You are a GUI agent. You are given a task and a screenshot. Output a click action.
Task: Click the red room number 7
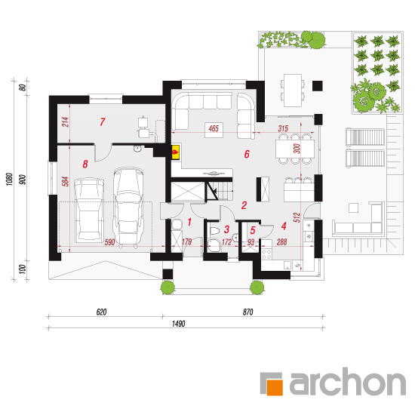[x=103, y=122]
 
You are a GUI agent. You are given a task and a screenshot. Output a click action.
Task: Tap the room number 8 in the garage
[x=85, y=164]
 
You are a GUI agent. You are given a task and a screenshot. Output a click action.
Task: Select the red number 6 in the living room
[x=247, y=154]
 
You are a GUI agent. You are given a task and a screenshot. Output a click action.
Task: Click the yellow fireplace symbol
[x=176, y=152]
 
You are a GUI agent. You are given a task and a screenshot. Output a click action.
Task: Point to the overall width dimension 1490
[x=178, y=324]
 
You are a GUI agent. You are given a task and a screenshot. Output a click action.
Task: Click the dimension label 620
[x=101, y=312]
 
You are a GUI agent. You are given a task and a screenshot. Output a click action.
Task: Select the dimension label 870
[x=248, y=312]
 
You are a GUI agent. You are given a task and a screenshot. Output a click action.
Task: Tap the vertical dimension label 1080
[x=9, y=179]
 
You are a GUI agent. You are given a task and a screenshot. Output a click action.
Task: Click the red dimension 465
[x=214, y=128]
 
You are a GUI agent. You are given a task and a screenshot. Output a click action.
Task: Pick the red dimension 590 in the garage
[x=109, y=242]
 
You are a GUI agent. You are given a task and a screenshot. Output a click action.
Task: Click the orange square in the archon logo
[x=275, y=388]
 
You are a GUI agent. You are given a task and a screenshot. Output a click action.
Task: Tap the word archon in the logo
[x=348, y=381]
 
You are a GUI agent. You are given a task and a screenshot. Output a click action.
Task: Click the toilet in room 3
[x=214, y=231]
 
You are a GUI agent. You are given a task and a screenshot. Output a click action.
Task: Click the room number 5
[x=253, y=230]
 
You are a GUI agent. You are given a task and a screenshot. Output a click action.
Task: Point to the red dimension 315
[x=283, y=128]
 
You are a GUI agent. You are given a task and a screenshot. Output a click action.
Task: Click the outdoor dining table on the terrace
[x=293, y=91]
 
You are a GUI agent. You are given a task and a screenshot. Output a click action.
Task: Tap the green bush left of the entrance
[x=168, y=287]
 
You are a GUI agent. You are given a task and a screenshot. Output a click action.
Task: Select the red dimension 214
[x=66, y=121]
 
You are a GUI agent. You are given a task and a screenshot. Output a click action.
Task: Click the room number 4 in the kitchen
[x=284, y=226]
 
